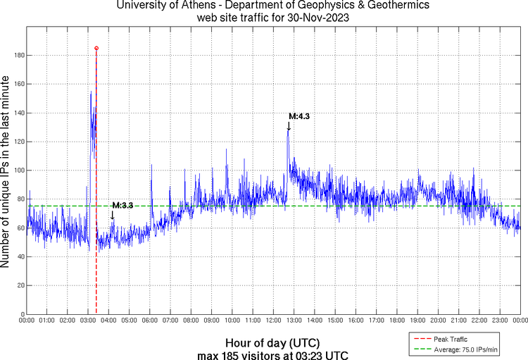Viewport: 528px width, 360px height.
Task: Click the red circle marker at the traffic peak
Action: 96,48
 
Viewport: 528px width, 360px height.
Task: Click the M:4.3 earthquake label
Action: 299,116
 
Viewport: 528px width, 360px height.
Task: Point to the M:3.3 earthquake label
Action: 122,205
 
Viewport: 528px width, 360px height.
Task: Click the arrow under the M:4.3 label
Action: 289,126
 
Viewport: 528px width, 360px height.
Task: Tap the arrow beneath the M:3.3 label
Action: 112,215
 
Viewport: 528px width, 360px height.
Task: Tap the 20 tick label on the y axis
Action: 20,285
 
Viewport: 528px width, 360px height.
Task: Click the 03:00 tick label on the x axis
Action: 88,321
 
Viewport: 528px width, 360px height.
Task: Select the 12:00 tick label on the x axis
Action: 273,321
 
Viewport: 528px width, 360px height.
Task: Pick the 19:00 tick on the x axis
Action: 417,321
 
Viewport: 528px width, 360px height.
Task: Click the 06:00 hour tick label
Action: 150,321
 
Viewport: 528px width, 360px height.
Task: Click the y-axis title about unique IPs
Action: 6,173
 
